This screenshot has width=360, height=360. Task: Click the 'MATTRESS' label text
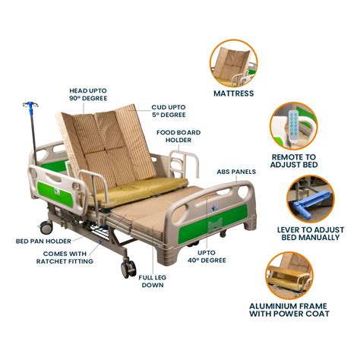point(233,94)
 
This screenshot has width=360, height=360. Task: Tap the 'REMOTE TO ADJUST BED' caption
point(293,160)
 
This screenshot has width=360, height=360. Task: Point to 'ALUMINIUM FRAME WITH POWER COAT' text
point(298,308)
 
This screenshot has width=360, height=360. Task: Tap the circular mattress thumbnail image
point(233,62)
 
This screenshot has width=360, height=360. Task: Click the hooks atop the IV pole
point(30,106)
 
